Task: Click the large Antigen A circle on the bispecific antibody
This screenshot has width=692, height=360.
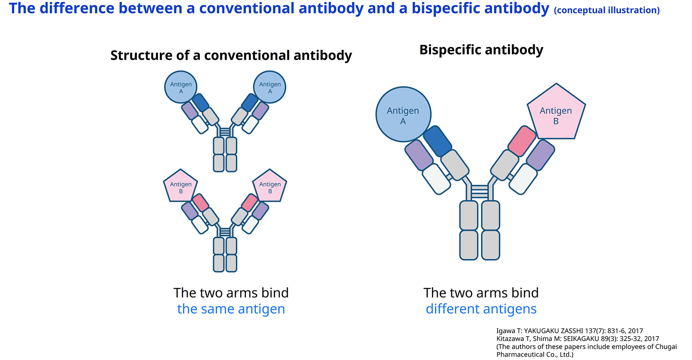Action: point(403,114)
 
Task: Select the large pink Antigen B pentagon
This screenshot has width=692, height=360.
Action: point(556,113)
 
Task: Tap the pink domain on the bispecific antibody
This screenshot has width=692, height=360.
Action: point(522,141)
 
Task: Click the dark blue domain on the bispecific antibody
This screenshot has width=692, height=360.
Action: point(437,141)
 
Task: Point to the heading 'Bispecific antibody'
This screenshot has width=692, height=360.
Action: point(481,50)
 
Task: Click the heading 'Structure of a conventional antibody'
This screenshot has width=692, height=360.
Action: point(231,56)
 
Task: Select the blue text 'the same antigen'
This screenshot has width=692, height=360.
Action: point(231,309)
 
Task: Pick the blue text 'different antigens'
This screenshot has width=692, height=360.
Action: point(481,309)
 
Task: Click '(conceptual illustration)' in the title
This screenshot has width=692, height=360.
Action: point(607,10)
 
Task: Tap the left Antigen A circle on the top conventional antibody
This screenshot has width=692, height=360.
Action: point(181,87)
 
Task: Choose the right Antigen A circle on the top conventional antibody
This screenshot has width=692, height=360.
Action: point(270,87)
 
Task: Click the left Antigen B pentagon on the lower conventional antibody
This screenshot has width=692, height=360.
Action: point(181,186)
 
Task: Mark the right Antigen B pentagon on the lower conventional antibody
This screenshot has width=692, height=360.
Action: point(270,186)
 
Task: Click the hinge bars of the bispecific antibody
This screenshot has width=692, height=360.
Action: point(480,191)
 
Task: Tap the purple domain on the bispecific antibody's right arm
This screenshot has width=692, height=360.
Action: point(541,155)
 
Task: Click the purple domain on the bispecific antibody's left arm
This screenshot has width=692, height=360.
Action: point(419,155)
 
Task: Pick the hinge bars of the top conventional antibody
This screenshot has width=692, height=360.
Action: point(225,132)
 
